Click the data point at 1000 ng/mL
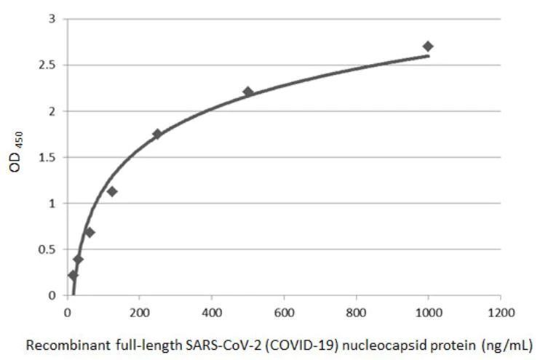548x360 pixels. (x=428, y=47)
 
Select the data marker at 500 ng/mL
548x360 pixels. (x=248, y=92)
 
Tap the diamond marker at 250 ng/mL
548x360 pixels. (x=157, y=134)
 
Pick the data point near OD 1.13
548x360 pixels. (x=112, y=191)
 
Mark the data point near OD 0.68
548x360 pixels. (x=90, y=232)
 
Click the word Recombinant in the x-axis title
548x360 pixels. (x=57, y=345)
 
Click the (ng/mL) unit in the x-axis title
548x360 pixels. (x=508, y=345)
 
